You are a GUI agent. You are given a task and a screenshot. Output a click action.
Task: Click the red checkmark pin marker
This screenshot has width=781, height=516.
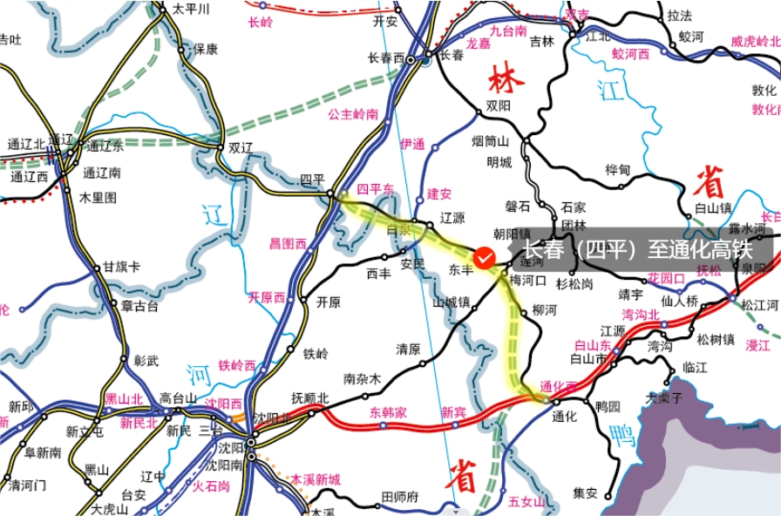(x=486, y=258)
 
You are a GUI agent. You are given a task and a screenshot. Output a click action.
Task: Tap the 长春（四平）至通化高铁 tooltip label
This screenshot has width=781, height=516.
(x=636, y=251)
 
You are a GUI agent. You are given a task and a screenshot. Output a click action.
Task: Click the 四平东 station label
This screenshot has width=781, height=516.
(x=376, y=189)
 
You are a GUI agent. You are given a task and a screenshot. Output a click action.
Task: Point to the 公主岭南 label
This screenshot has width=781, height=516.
(x=353, y=114)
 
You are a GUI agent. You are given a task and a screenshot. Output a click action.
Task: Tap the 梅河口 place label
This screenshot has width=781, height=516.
(x=527, y=281)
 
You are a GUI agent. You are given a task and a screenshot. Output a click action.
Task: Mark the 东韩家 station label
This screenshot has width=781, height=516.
(x=389, y=411)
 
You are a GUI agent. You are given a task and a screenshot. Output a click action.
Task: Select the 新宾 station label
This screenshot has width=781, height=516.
(x=453, y=411)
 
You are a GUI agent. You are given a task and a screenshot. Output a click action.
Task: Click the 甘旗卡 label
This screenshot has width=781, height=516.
(x=122, y=267)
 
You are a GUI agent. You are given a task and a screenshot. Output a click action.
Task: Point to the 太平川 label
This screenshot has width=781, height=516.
(x=192, y=10)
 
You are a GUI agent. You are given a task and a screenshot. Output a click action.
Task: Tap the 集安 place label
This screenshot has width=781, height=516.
(x=585, y=492)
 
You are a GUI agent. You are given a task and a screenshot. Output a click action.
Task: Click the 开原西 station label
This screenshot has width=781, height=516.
(x=267, y=297)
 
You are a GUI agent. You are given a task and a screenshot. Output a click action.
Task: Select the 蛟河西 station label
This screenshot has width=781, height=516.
(x=631, y=54)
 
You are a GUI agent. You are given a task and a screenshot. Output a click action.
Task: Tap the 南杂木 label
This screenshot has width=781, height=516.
(x=363, y=379)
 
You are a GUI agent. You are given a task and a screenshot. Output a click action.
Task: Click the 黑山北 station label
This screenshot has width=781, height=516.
(x=123, y=398)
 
